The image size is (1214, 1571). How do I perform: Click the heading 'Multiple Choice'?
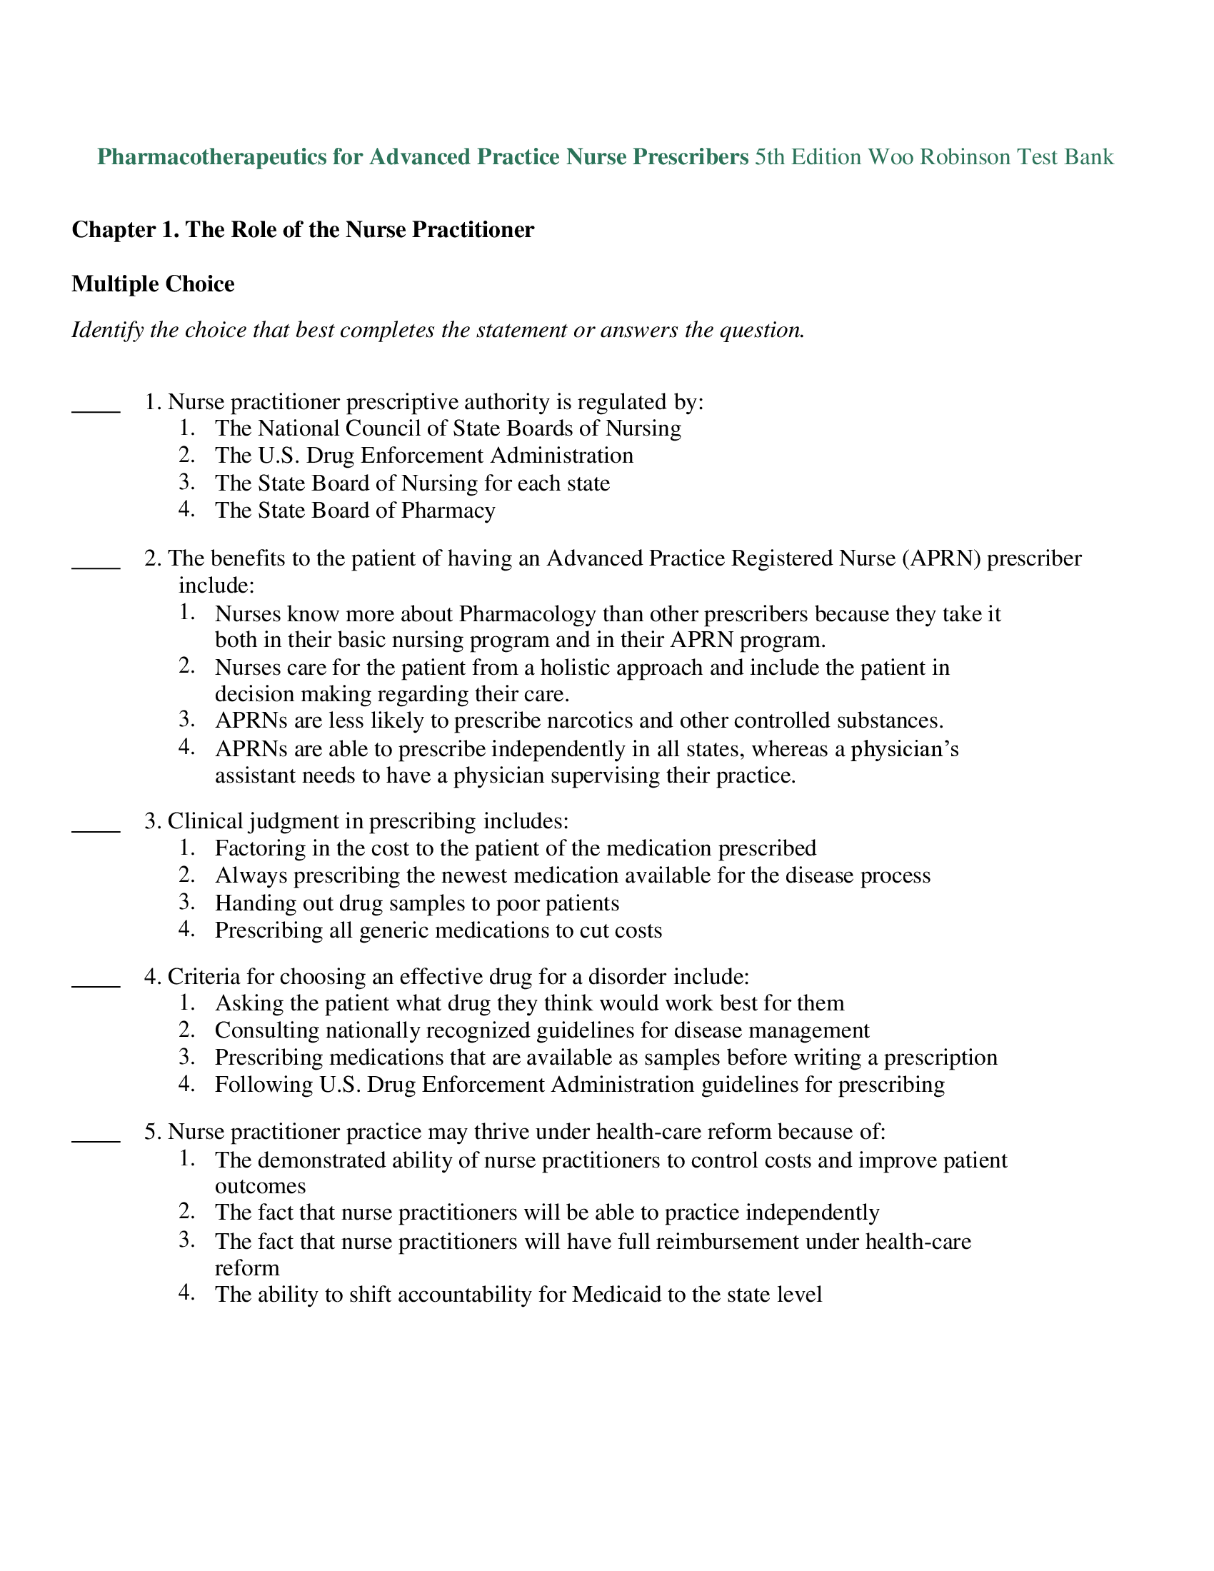click(154, 284)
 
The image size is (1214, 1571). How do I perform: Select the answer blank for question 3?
click(96, 830)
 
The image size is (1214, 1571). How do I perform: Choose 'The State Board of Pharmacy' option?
click(355, 511)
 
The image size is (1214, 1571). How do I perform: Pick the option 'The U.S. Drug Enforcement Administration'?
click(423, 456)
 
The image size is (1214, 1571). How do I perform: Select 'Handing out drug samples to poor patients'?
click(416, 903)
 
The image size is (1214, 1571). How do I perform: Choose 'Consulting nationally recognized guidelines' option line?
click(541, 1030)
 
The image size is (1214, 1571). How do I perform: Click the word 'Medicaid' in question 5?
click(616, 1295)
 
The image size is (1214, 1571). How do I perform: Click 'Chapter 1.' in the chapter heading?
click(125, 230)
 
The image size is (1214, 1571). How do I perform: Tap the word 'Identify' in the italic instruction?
click(107, 331)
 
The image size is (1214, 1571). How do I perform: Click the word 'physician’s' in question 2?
click(905, 750)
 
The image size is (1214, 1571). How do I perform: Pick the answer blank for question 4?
click(96, 985)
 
